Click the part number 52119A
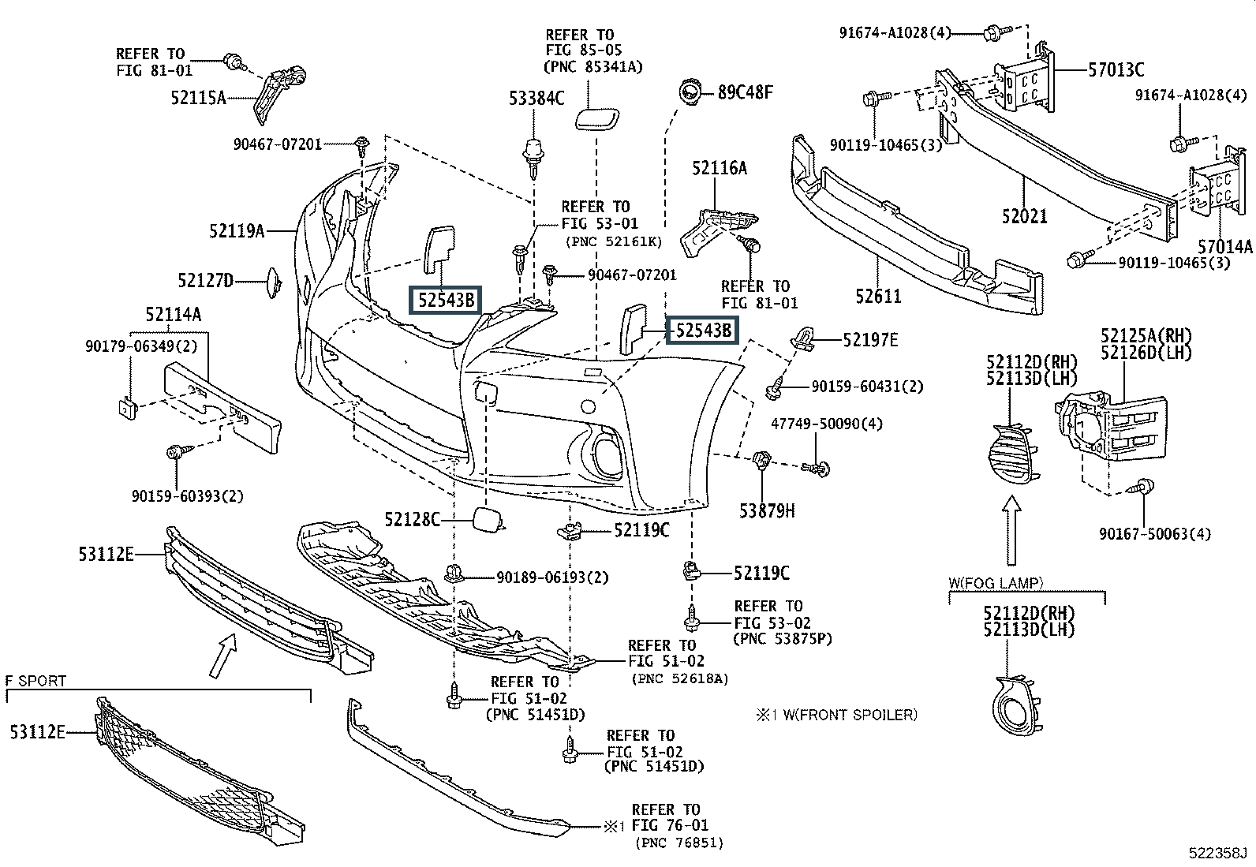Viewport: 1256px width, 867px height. (236, 231)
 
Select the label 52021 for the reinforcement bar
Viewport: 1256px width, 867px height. (1025, 215)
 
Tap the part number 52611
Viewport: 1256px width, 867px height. (878, 297)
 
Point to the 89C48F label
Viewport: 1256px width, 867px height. (745, 92)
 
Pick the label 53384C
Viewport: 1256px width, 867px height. (536, 99)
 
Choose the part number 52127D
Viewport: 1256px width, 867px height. (206, 280)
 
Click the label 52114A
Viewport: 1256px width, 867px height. (173, 315)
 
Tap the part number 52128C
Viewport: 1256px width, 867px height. (412, 519)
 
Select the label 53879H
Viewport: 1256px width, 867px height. (767, 511)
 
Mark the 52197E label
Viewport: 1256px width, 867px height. (870, 340)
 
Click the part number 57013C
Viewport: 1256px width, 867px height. (1116, 70)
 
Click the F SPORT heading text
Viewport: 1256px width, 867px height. (36, 680)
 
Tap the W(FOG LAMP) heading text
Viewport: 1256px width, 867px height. (996, 583)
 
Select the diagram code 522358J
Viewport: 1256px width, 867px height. (1218, 854)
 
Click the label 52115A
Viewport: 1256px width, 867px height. (198, 98)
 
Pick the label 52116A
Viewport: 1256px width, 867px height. (719, 168)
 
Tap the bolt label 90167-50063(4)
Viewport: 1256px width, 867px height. (1154, 534)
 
